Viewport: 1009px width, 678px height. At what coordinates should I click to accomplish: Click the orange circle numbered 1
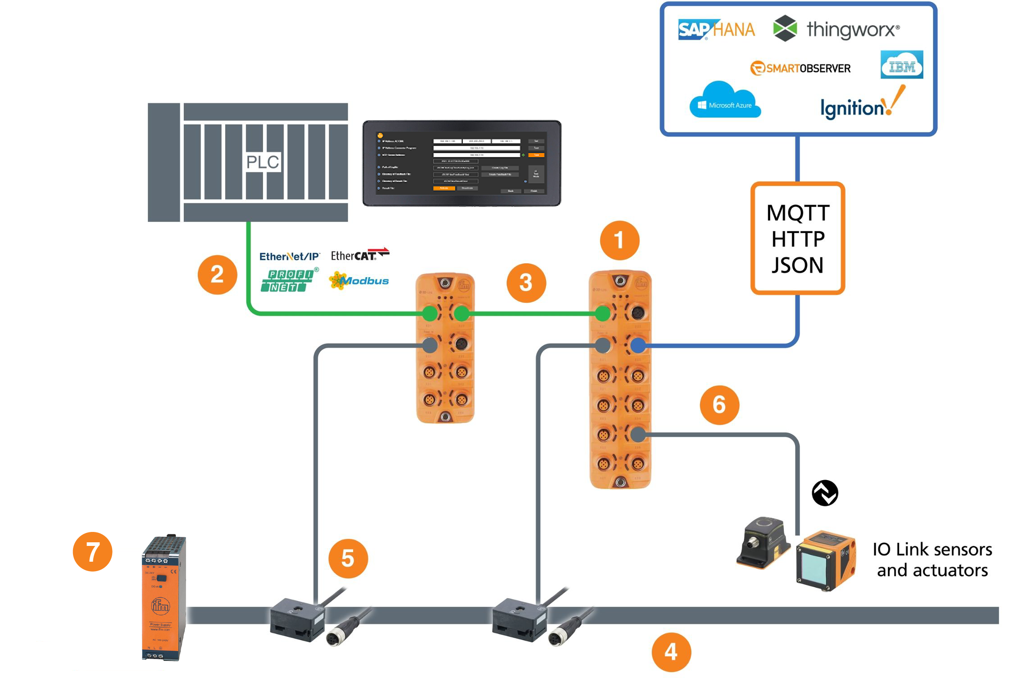point(619,240)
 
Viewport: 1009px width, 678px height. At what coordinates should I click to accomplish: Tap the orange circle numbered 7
point(92,552)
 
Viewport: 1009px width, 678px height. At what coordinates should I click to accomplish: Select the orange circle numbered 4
point(671,652)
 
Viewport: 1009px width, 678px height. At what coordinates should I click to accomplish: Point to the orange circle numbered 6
point(719,405)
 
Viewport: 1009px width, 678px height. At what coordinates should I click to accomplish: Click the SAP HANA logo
point(716,30)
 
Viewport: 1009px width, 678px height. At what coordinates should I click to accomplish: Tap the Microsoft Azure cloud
point(725,101)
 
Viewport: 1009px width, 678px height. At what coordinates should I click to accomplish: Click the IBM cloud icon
point(901,65)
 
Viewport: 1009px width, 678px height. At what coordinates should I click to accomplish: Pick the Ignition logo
point(860,105)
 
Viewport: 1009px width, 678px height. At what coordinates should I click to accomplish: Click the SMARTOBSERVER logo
point(800,68)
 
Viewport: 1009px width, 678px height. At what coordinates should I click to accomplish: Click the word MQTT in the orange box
point(798,213)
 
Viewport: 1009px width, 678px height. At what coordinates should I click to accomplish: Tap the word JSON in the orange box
point(797,265)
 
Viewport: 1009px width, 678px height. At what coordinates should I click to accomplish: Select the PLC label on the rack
point(263,162)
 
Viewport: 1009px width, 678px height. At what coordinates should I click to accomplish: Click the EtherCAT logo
point(359,255)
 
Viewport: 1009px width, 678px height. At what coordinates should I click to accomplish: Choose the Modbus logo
point(359,280)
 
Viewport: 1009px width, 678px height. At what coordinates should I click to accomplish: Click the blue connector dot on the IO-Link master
point(637,346)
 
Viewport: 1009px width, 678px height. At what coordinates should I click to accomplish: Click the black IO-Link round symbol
point(825,493)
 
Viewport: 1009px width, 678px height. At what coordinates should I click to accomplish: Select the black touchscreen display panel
point(462,163)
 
